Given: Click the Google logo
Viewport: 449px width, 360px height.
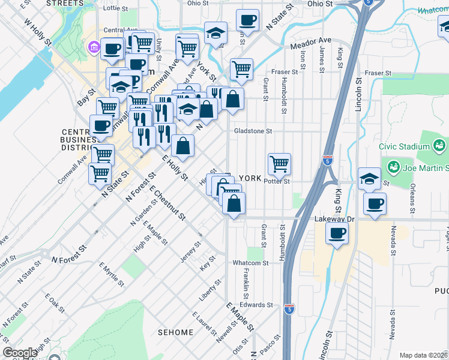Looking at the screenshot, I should coord(20,353).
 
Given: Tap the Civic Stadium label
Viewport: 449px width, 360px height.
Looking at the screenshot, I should coord(403,146).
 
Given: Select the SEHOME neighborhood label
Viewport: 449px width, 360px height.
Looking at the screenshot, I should coord(176,332).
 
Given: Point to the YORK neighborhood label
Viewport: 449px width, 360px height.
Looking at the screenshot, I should coord(250,178).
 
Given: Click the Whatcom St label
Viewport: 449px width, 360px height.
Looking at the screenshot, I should coord(250,263).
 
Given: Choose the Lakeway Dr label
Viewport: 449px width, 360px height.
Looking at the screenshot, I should coord(335,219).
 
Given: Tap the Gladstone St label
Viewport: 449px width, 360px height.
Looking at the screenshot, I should coord(252,131).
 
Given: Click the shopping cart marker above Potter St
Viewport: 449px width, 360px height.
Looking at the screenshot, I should coord(279,164).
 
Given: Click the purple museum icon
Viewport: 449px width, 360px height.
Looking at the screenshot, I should coord(94,47).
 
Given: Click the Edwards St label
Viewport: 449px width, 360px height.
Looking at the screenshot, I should coord(256,305).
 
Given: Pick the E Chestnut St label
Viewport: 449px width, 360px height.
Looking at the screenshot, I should coord(168,204).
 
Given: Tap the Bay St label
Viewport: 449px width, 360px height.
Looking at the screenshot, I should coord(86,98).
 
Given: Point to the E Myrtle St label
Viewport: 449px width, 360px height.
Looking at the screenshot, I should coord(112,274).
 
